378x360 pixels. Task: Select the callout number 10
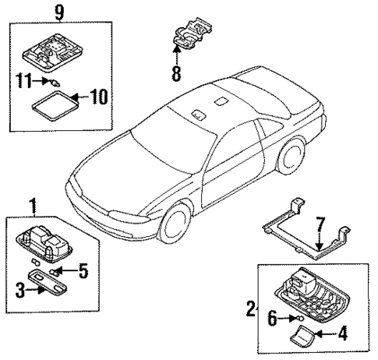pyautogui.click(x=99, y=97)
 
